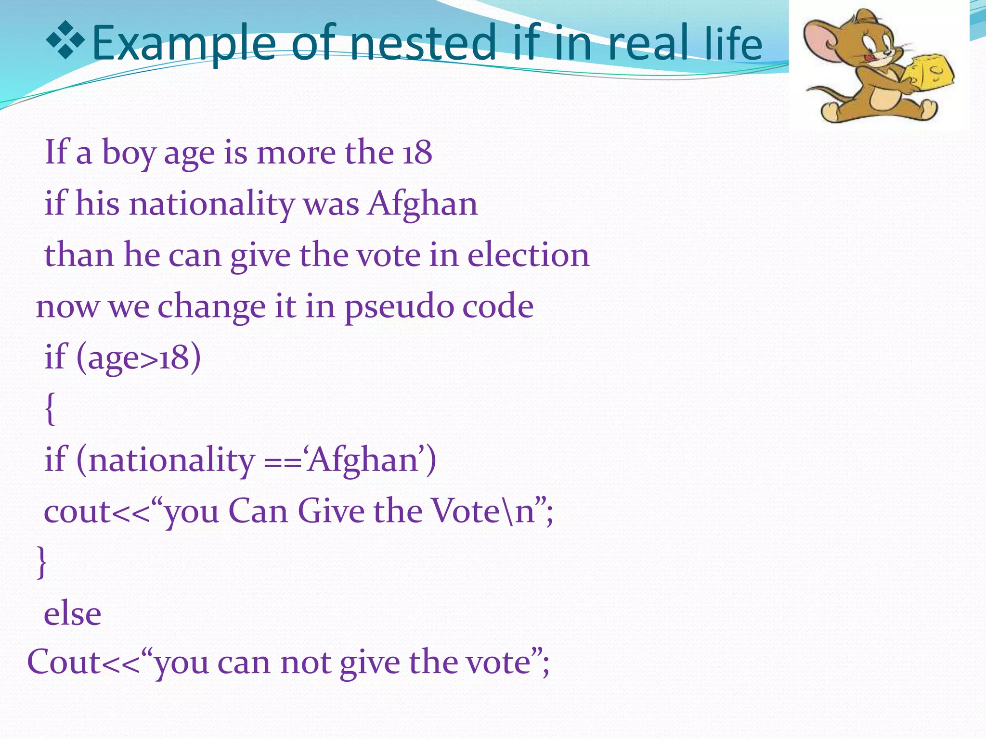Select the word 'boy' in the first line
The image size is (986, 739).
(x=129, y=153)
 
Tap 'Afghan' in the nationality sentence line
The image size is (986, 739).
(x=423, y=204)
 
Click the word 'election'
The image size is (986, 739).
(x=528, y=255)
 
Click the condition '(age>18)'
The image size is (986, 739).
(x=138, y=358)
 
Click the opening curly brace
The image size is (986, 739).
(x=50, y=409)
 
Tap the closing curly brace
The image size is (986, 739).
(x=42, y=561)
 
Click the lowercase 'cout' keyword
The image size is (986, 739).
(x=77, y=511)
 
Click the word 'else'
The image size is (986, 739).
(x=73, y=614)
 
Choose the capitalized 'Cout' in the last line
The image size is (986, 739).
(x=64, y=663)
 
